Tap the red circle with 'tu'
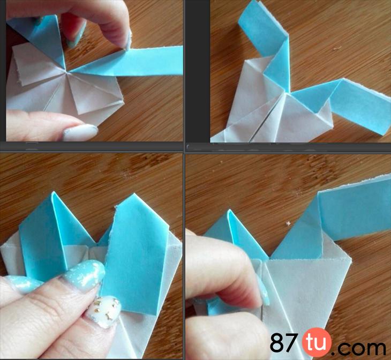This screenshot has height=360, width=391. [x=317, y=342]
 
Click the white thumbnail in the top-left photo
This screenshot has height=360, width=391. [x=80, y=132]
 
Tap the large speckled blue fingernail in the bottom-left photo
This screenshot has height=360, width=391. [x=84, y=274]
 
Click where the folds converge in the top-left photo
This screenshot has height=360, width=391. [x=66, y=72]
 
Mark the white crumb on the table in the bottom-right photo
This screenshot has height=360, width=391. [x=288, y=223]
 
